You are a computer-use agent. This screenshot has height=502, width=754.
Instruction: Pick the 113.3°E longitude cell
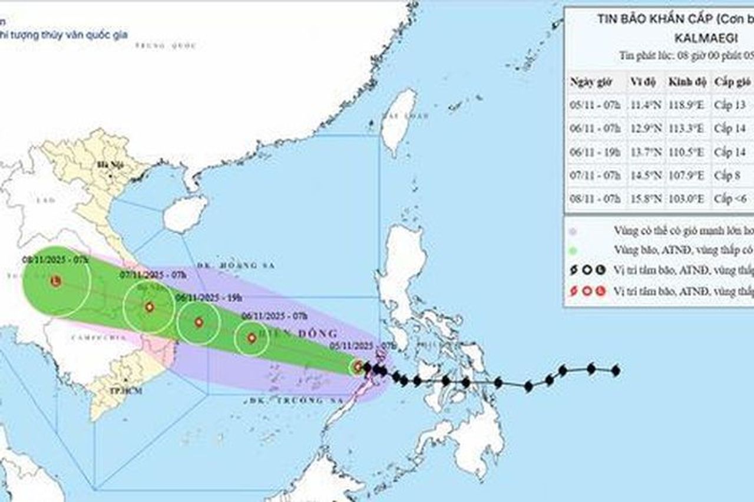(x=686, y=129)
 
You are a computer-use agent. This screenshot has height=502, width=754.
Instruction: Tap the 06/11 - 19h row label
(x=595, y=152)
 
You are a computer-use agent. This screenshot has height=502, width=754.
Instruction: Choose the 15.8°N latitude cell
(x=644, y=199)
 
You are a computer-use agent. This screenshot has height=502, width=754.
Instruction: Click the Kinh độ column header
(x=687, y=82)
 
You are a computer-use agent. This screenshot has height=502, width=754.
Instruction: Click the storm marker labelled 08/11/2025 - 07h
(x=55, y=282)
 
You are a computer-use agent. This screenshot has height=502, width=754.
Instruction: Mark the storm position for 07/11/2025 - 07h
(x=149, y=307)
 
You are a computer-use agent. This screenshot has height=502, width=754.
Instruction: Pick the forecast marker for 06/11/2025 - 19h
(x=199, y=322)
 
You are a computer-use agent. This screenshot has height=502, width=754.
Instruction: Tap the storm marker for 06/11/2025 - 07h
(x=252, y=338)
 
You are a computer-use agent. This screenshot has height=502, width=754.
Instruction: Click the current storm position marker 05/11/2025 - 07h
(x=358, y=367)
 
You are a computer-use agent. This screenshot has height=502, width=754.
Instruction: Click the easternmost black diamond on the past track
(x=616, y=371)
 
